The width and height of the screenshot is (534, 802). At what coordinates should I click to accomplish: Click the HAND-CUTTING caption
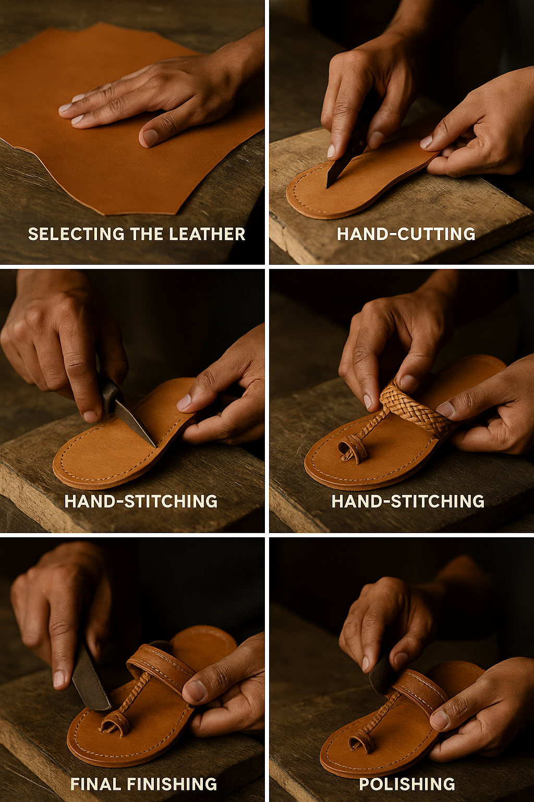tap(406, 234)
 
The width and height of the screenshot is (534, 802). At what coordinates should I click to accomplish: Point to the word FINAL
tap(96, 784)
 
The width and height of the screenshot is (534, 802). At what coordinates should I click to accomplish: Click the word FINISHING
tap(172, 784)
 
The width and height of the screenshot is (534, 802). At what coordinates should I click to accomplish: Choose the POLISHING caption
tap(407, 784)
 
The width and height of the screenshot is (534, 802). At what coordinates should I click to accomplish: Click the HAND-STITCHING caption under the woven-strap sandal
tap(408, 501)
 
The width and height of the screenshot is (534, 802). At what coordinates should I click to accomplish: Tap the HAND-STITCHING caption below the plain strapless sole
tap(141, 501)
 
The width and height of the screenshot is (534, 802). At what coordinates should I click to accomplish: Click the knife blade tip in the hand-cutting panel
tap(327, 186)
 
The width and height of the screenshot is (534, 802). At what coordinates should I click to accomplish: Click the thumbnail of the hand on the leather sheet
tap(149, 136)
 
